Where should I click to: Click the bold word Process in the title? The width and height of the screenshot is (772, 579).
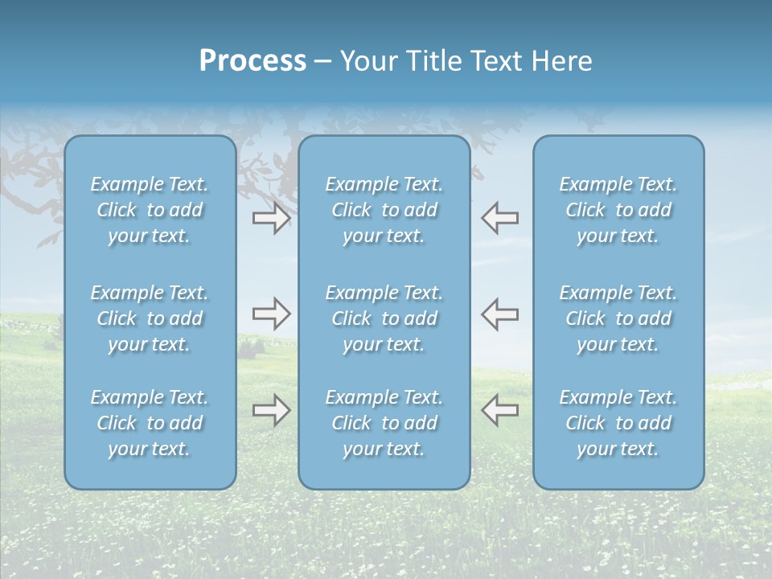(x=253, y=61)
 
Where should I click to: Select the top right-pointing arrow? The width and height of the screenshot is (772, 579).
(x=271, y=218)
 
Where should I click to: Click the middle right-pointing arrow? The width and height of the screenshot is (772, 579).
(x=271, y=314)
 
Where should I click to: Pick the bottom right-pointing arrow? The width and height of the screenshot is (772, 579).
(x=271, y=410)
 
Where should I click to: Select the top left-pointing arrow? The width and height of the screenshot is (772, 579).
(x=500, y=218)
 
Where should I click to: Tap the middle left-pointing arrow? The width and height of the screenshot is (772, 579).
(x=500, y=314)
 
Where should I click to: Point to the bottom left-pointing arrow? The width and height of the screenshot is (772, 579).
(x=500, y=410)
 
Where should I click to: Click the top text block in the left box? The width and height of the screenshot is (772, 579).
(x=150, y=210)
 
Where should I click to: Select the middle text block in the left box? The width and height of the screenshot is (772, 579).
(x=150, y=318)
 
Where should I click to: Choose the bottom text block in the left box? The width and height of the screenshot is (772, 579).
(x=150, y=423)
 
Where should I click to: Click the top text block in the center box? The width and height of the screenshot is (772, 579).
(x=384, y=210)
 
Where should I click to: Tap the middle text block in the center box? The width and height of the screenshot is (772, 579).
(x=384, y=318)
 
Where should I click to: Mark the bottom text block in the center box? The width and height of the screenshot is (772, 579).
(x=384, y=423)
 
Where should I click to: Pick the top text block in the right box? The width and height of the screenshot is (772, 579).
(x=618, y=210)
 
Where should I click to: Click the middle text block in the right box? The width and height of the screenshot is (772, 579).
(x=618, y=318)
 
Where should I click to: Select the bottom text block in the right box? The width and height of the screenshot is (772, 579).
(x=618, y=423)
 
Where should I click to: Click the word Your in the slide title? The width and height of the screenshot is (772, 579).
(x=371, y=61)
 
